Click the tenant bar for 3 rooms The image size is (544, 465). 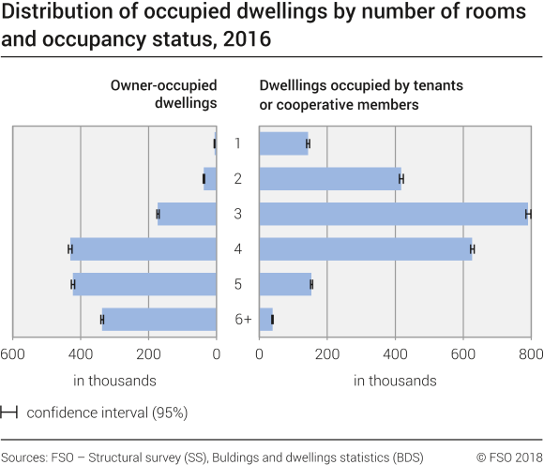(393, 214)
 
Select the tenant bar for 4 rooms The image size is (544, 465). (365, 249)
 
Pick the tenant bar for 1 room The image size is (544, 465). (283, 143)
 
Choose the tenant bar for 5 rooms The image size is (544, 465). (285, 284)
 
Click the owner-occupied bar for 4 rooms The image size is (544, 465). (144, 249)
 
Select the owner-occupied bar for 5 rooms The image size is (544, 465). (144, 284)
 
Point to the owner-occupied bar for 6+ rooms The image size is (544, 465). (159, 320)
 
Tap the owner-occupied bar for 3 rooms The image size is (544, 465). (188, 214)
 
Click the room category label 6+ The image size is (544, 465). (243, 320)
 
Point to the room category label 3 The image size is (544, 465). (238, 214)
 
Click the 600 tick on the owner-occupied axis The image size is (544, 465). (12, 354)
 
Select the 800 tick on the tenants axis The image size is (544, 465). (530, 354)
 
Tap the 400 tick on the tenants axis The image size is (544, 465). (395, 354)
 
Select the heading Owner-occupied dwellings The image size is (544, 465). (164, 94)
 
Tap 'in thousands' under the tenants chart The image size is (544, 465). (395, 381)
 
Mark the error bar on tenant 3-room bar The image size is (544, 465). (528, 214)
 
